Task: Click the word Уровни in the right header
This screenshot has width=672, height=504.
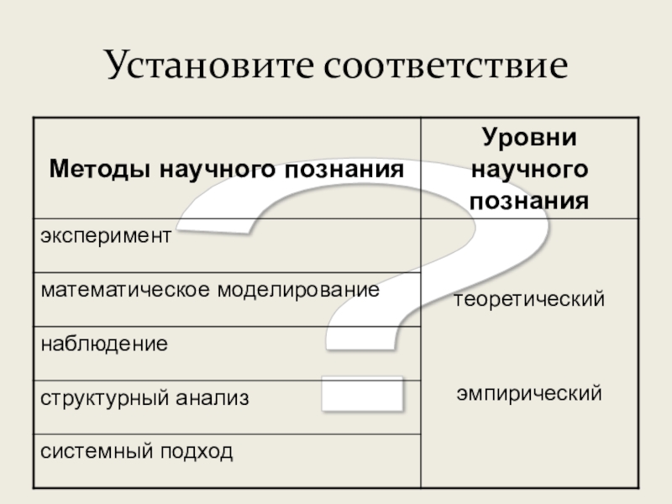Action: click(528, 137)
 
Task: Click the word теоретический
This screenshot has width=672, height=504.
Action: click(529, 298)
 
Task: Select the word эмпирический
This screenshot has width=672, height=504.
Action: click(529, 391)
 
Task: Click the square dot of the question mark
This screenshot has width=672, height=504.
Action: click(363, 392)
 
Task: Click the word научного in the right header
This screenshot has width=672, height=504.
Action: click(528, 169)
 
